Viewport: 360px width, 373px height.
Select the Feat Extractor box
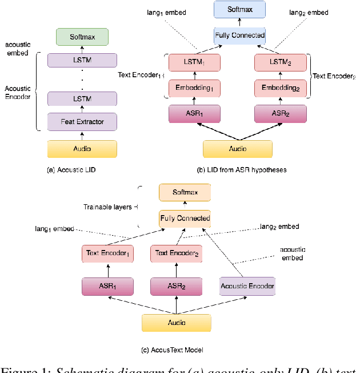tap(82, 121)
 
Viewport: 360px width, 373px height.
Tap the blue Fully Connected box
tap(240, 35)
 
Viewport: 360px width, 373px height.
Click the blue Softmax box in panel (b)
tap(240, 10)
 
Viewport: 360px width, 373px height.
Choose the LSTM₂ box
tap(279, 62)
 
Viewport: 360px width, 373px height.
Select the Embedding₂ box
tap(279, 88)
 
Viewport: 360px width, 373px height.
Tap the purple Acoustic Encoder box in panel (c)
tap(247, 286)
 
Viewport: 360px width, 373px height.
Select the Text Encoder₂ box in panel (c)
tap(177, 253)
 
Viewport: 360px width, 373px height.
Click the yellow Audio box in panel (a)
tap(82, 148)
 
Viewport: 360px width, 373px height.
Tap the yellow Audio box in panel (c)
tap(176, 323)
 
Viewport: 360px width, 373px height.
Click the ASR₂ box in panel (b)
tap(279, 114)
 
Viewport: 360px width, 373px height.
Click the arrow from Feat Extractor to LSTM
tap(82, 109)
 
